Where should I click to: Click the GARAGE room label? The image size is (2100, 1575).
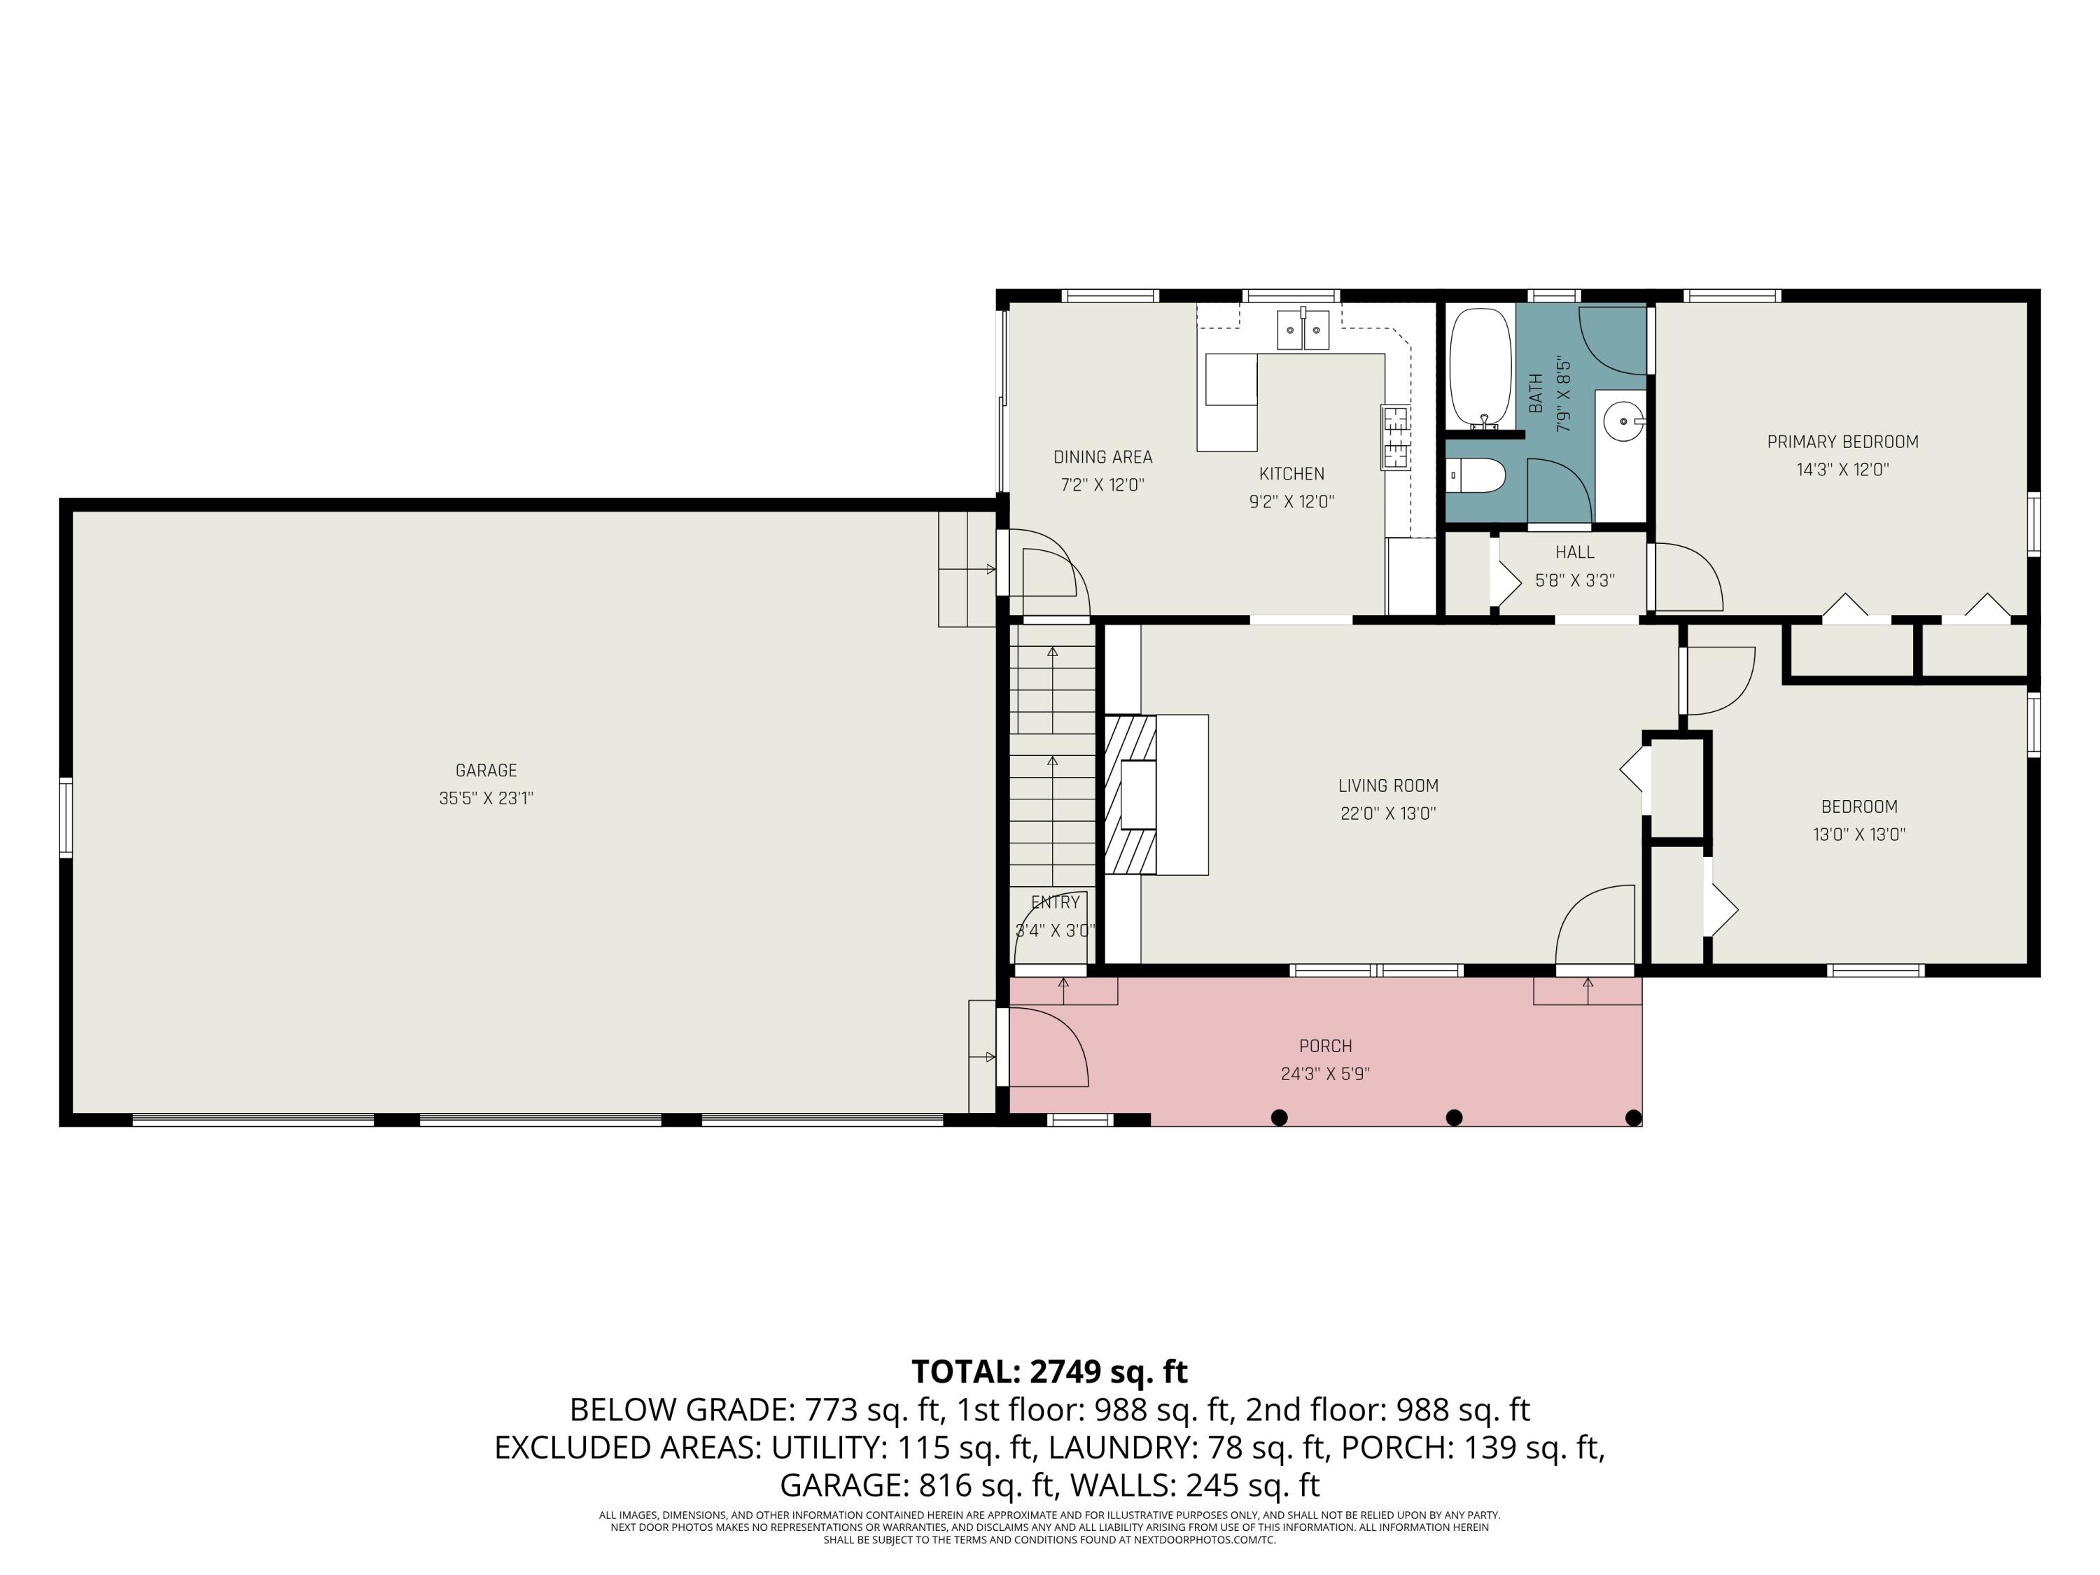486,770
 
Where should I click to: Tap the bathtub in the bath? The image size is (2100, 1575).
1479,368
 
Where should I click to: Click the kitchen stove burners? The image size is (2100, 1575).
1394,437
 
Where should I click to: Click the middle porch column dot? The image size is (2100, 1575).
1453,1117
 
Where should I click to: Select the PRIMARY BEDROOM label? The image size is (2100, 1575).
1842,442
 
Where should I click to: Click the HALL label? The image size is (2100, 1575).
1574,552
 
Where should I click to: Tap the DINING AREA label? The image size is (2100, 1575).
1102,456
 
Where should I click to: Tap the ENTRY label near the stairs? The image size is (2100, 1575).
1055,902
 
